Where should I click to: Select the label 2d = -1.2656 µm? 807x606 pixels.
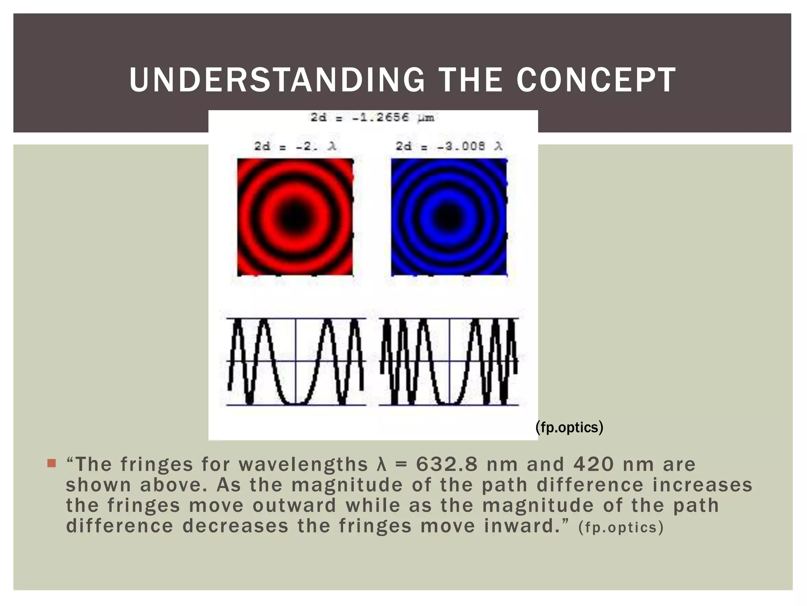point(372,118)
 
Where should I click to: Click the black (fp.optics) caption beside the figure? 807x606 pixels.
point(569,427)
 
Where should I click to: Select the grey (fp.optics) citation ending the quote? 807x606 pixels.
point(621,527)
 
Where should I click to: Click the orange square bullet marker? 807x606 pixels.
point(52,463)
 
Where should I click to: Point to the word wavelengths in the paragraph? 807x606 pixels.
point(303,464)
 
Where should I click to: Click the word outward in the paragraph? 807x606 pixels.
point(295,506)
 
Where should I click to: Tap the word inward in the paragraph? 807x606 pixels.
point(519,526)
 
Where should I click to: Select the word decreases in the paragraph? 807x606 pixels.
point(235,526)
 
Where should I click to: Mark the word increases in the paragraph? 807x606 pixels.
point(703,485)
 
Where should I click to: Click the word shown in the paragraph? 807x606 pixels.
point(98,485)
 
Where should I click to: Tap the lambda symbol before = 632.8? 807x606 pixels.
point(381,464)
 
